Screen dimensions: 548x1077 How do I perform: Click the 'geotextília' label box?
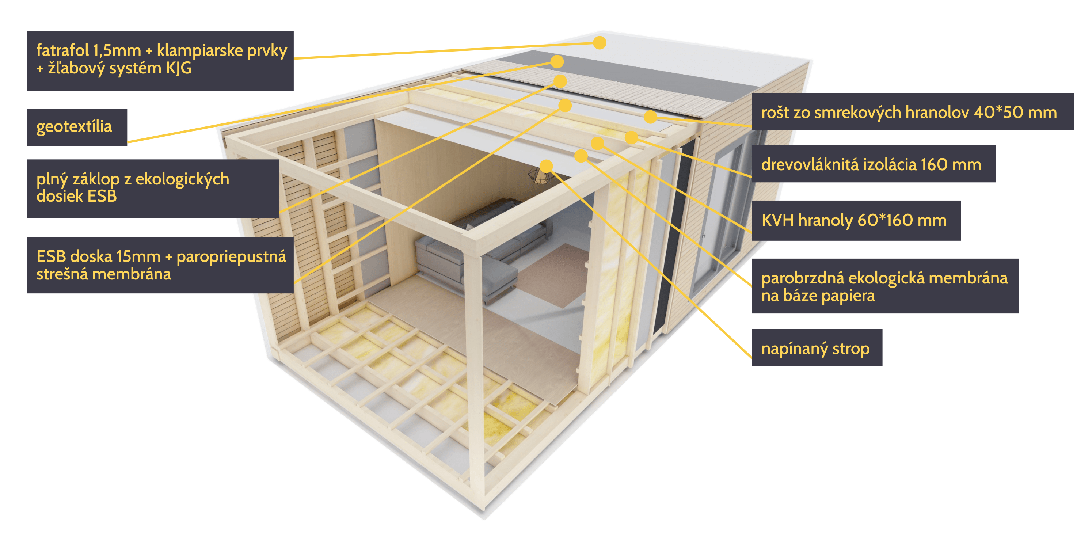point(76,127)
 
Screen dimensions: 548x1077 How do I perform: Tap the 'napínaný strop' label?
point(816,348)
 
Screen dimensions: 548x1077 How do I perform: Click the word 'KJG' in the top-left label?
point(179,68)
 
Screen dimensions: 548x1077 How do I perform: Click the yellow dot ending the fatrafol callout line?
point(600,43)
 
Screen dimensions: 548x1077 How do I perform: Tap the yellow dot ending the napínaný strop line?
point(546,166)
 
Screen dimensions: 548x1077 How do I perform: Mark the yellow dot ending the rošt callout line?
point(650,117)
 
